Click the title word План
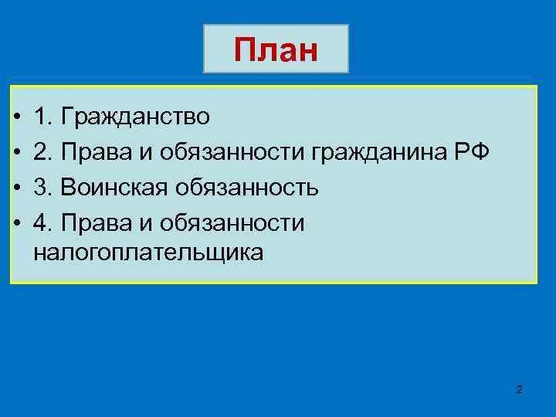click(x=276, y=50)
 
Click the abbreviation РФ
click(x=472, y=151)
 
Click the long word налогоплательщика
click(x=148, y=252)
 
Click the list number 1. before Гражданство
click(x=42, y=117)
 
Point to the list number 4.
click(x=43, y=223)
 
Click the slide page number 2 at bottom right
click(x=519, y=390)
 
